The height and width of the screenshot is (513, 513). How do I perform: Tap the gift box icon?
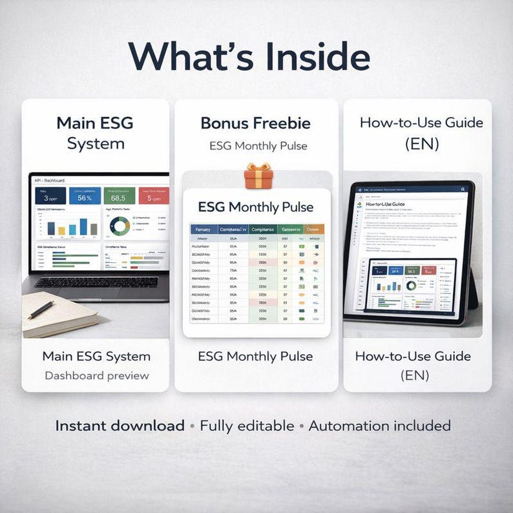pyautogui.click(x=258, y=176)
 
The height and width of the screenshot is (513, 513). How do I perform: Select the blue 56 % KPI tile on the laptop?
pyautogui.click(x=85, y=196)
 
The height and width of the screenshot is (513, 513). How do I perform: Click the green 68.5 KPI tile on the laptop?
pyautogui.click(x=119, y=196)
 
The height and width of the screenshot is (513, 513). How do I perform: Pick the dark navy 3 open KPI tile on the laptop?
pyautogui.click(x=50, y=196)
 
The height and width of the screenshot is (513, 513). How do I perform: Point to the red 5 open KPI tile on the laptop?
pyautogui.click(x=154, y=196)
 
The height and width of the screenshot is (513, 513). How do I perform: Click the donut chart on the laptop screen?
pyautogui.click(x=120, y=225)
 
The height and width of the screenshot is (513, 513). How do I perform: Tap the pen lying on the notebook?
pyautogui.click(x=41, y=309)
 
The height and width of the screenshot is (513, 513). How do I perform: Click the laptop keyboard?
pyautogui.click(x=96, y=282)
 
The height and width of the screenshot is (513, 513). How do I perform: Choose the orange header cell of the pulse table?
pyautogui.click(x=314, y=229)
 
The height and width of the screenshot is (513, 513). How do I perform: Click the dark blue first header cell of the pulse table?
pyautogui.click(x=204, y=229)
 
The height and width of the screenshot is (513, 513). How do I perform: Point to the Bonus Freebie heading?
pyautogui.click(x=255, y=123)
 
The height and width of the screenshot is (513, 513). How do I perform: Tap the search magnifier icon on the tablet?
pyautogui.click(x=463, y=189)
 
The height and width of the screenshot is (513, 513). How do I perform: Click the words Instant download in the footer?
pyautogui.click(x=120, y=426)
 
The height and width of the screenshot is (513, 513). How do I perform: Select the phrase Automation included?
pyautogui.click(x=379, y=426)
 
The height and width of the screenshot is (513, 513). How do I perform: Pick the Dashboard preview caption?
pyautogui.click(x=96, y=375)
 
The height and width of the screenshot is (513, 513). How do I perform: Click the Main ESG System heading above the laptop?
pyautogui.click(x=95, y=133)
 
